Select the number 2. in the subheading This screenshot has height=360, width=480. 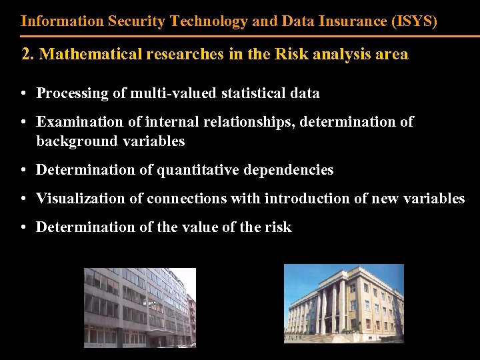click(29, 55)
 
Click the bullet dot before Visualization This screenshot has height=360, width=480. click(23, 199)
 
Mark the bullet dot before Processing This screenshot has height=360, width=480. click(23, 93)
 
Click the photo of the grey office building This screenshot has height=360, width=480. click(139, 307)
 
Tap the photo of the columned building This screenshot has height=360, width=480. click(343, 303)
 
